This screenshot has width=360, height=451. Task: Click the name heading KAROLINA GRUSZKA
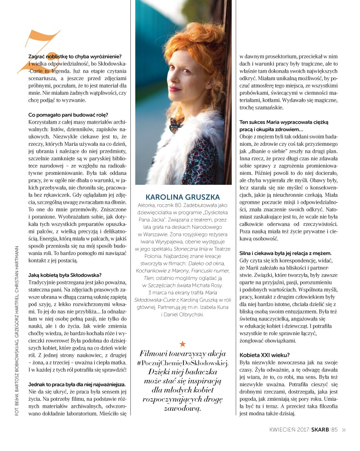[x=182, y=197]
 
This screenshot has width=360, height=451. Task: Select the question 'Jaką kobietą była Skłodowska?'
[x=65, y=275]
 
